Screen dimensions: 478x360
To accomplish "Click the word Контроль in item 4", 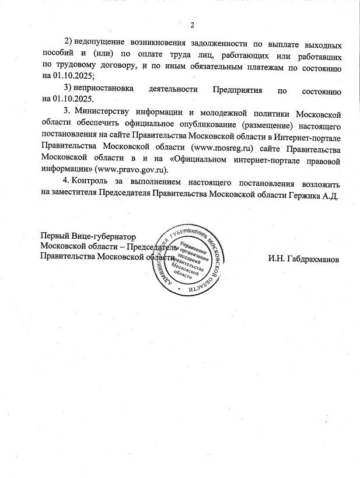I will tap(91, 183).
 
